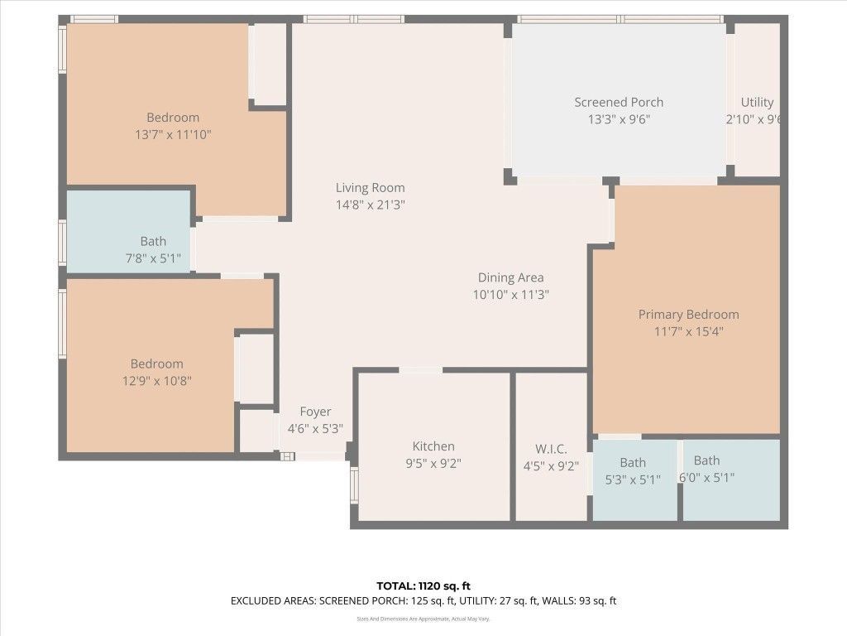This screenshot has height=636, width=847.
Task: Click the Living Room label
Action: coord(370,187)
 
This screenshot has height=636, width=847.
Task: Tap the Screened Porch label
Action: coord(619,102)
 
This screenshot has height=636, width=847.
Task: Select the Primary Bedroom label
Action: coord(688,314)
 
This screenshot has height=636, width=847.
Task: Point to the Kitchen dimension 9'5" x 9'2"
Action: coord(433,464)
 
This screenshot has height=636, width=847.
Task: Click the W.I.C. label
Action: coord(551,449)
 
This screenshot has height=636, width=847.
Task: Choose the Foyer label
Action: coord(315,412)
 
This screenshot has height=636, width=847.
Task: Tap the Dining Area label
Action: coord(510,277)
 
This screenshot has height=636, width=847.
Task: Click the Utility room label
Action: coord(757,102)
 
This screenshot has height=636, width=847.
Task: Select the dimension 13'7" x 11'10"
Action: coord(173,134)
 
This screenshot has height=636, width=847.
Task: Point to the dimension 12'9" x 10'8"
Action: coord(156,381)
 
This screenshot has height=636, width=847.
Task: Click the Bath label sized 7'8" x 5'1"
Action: coord(153,241)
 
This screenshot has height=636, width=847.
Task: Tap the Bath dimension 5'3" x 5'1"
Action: coord(633,479)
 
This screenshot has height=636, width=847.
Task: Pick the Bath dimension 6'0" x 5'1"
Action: coord(706,477)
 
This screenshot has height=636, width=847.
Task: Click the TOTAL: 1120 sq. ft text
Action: coord(423,586)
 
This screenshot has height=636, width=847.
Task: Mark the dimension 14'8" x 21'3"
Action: coord(370,205)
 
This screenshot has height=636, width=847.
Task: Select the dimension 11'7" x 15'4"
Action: coord(688,331)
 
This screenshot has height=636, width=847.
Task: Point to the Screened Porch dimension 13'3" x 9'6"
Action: coord(619,119)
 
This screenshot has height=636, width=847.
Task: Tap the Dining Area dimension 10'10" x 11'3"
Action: coord(510,295)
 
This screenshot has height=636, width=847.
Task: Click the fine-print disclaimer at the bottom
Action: coord(423,619)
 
